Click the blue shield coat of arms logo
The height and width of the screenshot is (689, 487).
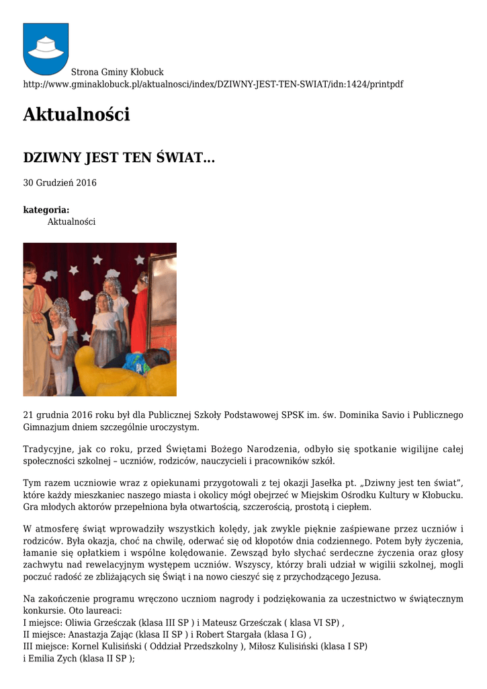[x=46, y=48]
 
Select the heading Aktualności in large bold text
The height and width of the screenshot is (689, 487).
[x=76, y=115]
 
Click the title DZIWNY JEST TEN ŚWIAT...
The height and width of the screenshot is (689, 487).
[x=119, y=158]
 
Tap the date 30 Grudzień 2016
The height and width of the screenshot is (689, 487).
[x=60, y=183]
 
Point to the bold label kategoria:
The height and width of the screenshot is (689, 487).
[x=46, y=210]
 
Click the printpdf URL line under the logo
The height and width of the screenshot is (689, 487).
[x=213, y=84]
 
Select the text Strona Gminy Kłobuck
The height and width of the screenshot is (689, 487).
[x=118, y=72]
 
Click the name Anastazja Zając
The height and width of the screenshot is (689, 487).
[x=97, y=634]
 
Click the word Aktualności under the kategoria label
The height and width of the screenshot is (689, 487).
[x=71, y=221]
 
